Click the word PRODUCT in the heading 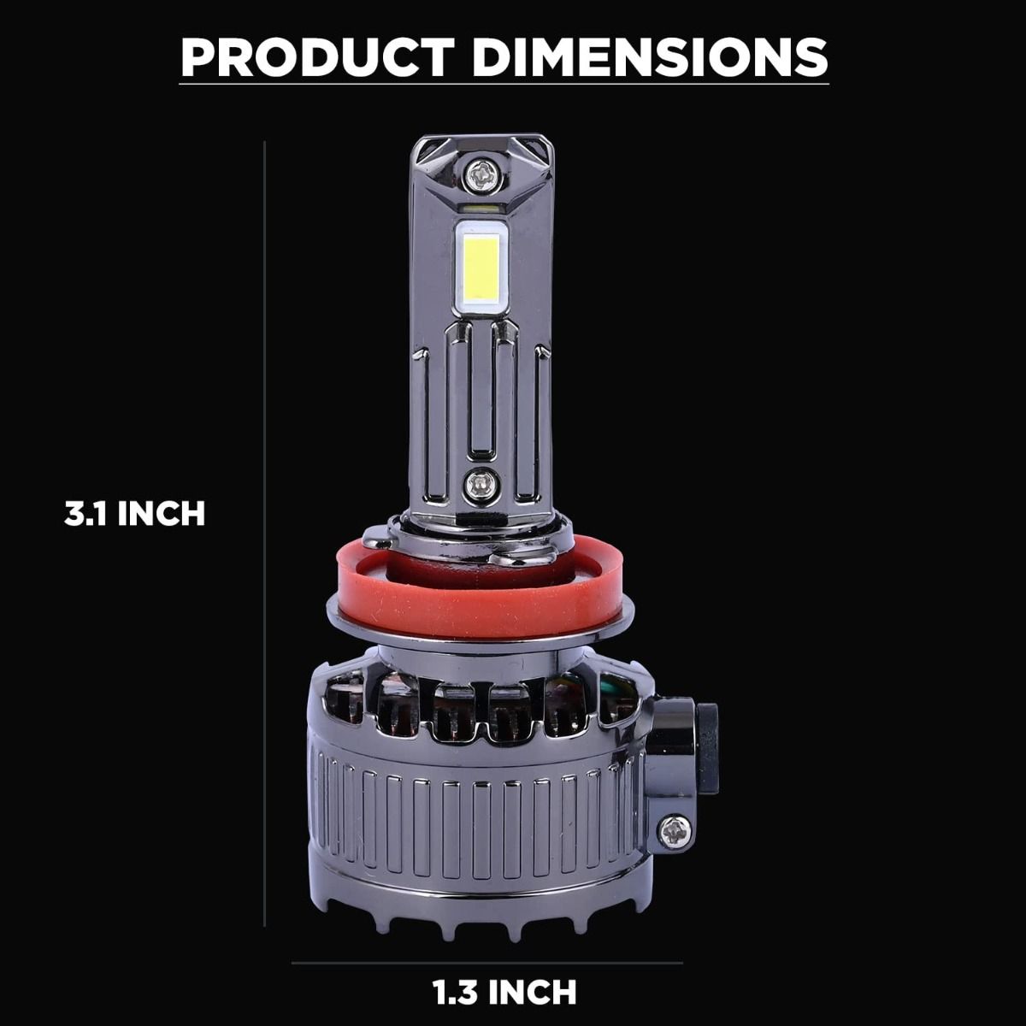317,57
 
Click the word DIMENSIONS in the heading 650,57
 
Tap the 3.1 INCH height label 135,514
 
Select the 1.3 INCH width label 504,992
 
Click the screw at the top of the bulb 482,174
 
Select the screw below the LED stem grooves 482,486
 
